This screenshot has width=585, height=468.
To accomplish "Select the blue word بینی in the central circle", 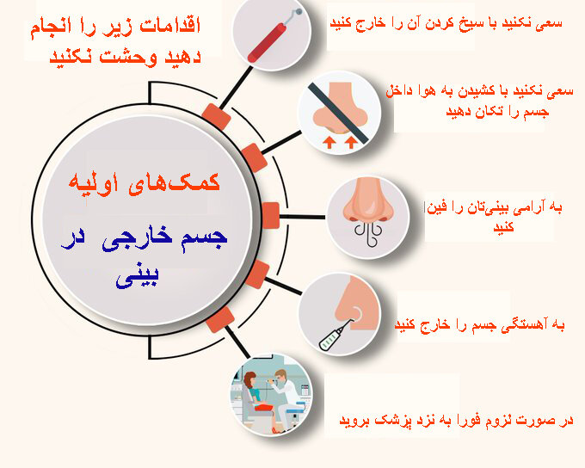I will click(138, 276).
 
